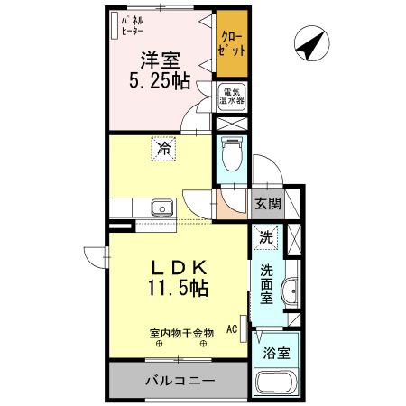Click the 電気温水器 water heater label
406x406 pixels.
pos(231,96)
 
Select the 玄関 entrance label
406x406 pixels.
pos(266,204)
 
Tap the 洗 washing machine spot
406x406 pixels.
pos(265,238)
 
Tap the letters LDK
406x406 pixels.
pos(178,267)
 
